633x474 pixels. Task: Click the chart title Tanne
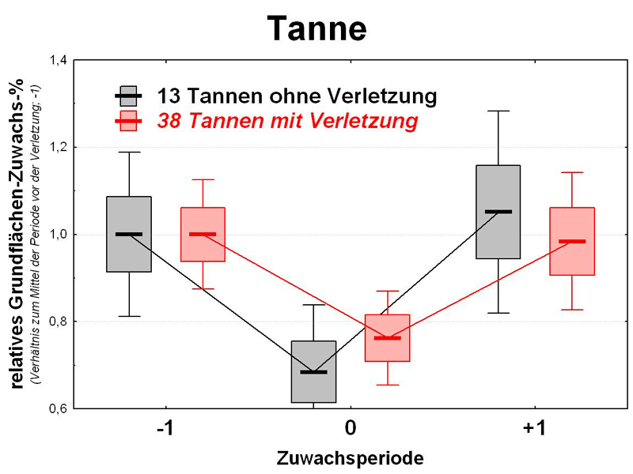coord(316,29)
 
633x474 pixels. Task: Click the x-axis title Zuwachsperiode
coord(350,457)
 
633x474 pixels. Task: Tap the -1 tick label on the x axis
coord(165,429)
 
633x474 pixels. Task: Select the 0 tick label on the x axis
coord(350,429)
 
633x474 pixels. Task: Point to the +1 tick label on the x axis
coord(534,429)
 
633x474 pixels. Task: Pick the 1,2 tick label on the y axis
coord(59,148)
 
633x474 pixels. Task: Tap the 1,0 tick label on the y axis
coord(59,235)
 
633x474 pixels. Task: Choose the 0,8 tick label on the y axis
coord(59,322)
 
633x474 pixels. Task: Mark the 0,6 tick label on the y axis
coord(59,408)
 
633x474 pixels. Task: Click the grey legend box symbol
coord(129,96)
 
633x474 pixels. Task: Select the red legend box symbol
coord(129,121)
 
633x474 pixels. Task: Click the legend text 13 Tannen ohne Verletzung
coord(297,96)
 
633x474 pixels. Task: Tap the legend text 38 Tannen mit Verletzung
coord(287,121)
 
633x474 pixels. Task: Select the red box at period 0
coord(387,338)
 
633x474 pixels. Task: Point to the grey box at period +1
coord(498,212)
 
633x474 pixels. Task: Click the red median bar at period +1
coord(572,241)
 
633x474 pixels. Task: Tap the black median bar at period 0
coord(313,371)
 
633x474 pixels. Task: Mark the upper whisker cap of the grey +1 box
coord(498,111)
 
